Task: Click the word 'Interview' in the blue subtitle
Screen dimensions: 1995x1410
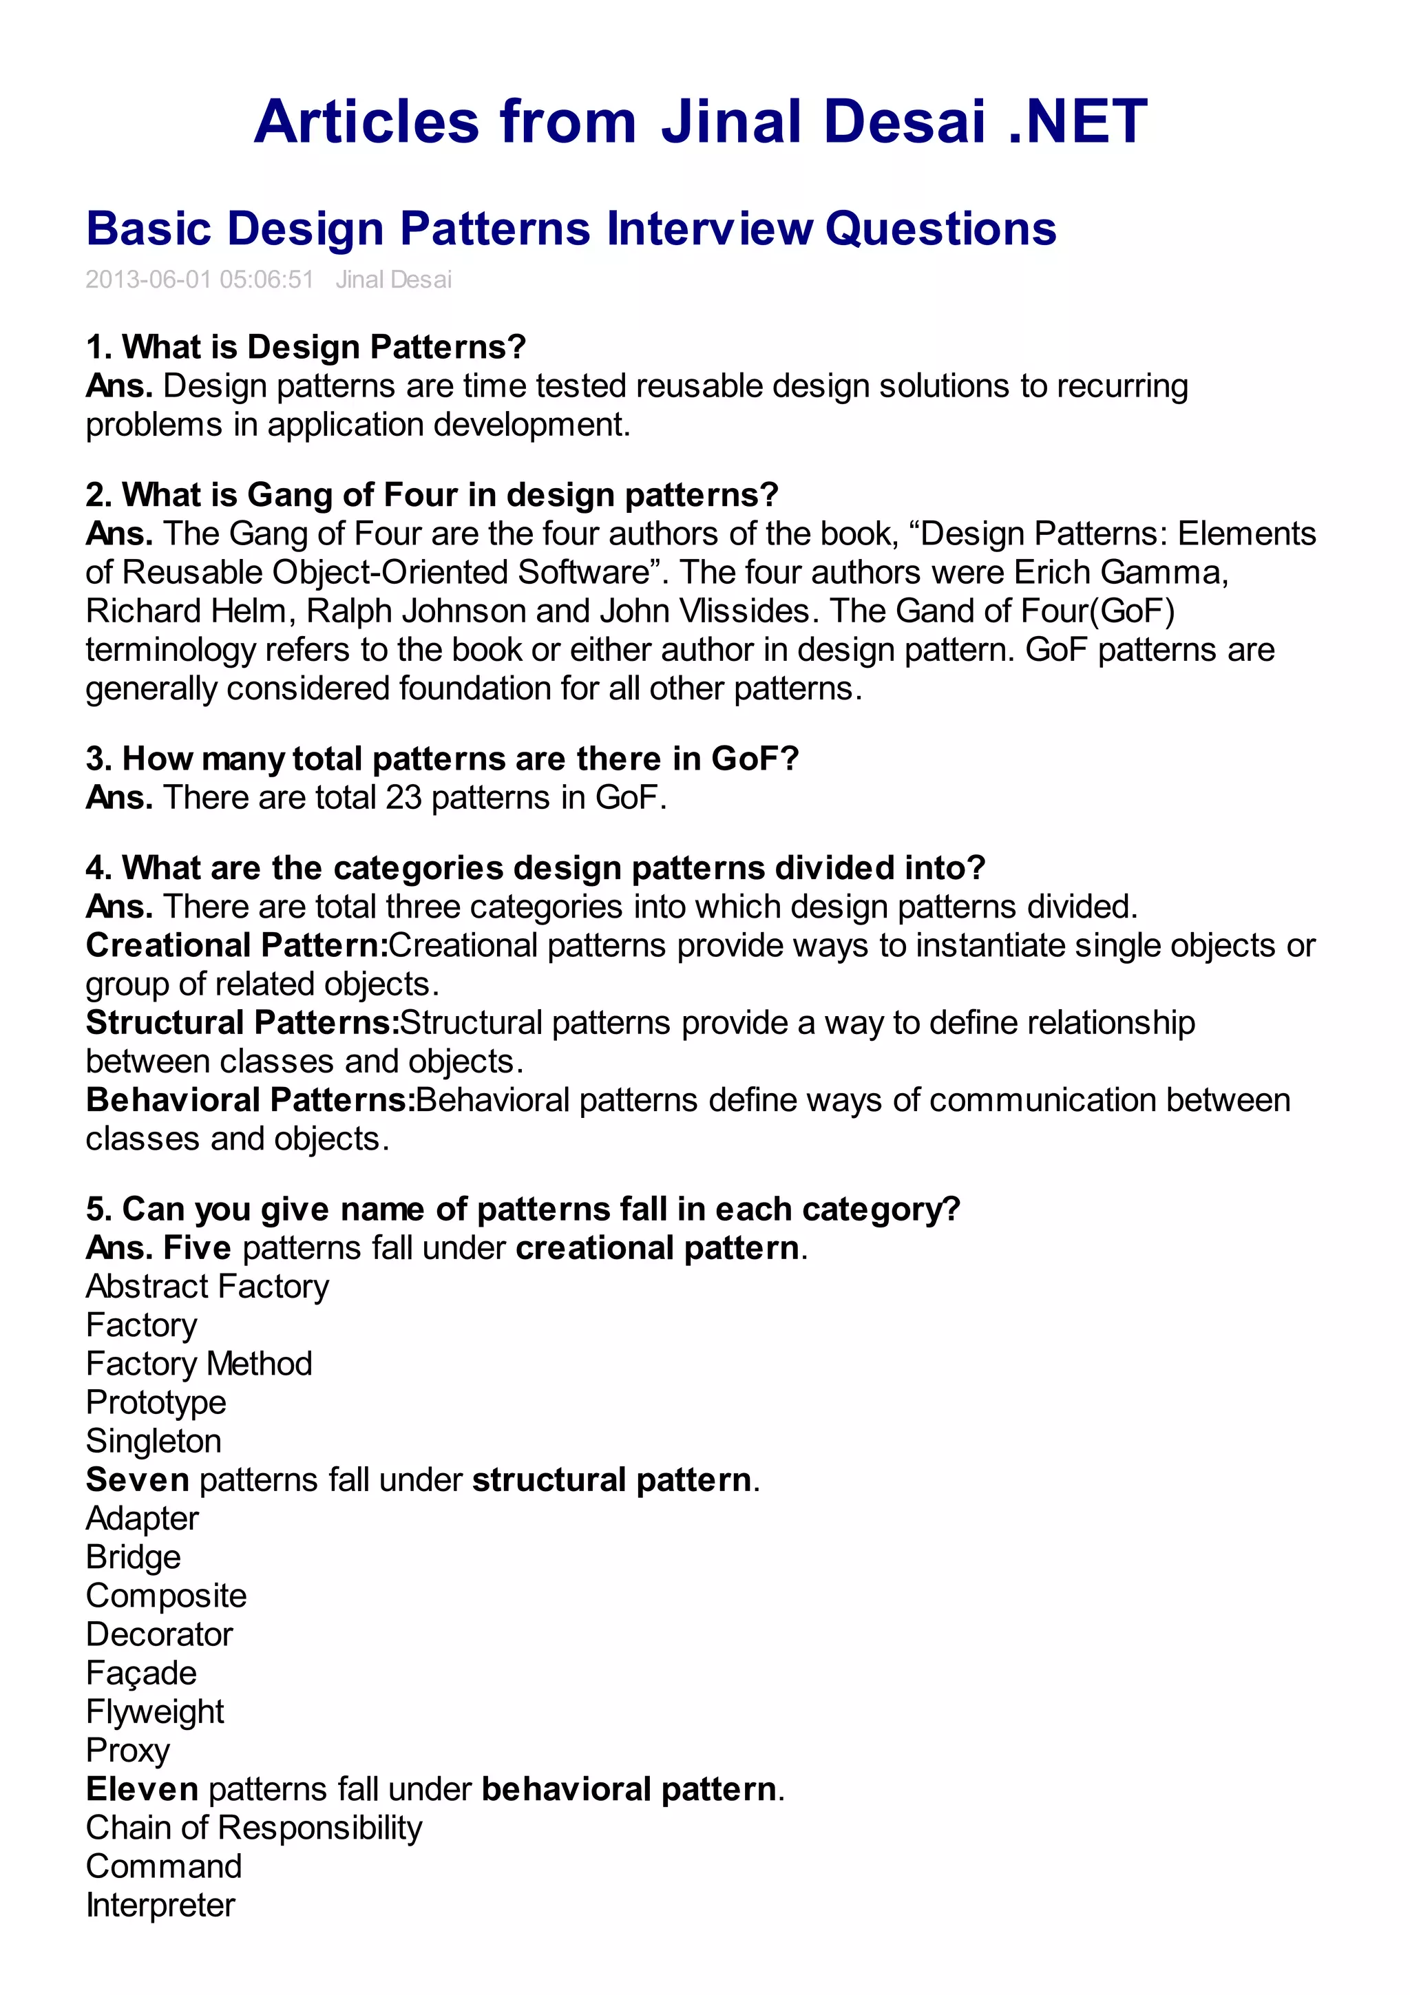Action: pyautogui.click(x=710, y=229)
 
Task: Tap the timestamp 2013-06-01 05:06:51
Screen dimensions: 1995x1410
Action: pyautogui.click(x=199, y=279)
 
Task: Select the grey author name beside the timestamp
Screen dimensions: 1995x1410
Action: pyautogui.click(x=394, y=279)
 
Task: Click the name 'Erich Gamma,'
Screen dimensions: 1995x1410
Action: pyautogui.click(x=1121, y=573)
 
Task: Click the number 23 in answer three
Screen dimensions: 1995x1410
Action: pyautogui.click(x=403, y=798)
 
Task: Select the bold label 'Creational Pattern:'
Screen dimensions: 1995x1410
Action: pyautogui.click(x=236, y=945)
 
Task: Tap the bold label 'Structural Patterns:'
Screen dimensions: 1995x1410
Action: pyautogui.click(x=242, y=1023)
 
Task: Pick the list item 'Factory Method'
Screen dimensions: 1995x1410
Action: pyautogui.click(x=199, y=1364)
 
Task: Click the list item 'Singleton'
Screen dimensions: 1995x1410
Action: pyautogui.click(x=154, y=1442)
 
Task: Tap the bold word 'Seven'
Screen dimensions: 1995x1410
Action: pyautogui.click(x=137, y=1480)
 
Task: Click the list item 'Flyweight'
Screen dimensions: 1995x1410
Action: pyautogui.click(x=155, y=1712)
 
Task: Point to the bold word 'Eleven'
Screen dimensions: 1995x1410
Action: pyautogui.click(x=143, y=1789)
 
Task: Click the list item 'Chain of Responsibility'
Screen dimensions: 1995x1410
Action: pyautogui.click(x=253, y=1828)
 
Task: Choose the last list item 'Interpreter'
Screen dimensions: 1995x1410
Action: pyautogui.click(x=160, y=1906)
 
